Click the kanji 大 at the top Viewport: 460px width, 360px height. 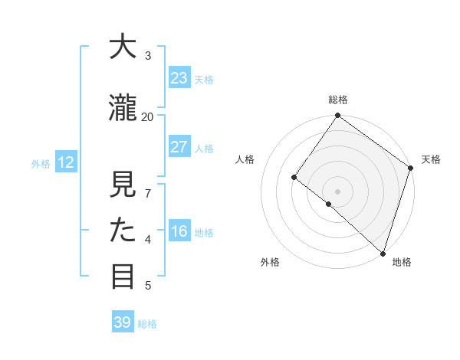(x=123, y=47)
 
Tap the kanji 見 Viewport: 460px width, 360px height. (x=123, y=185)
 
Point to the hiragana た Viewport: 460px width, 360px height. (x=123, y=230)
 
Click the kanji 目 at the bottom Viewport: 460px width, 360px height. (x=123, y=276)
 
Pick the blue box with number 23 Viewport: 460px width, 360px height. (x=179, y=78)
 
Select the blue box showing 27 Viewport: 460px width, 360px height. (x=179, y=147)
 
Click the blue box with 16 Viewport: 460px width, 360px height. (x=179, y=232)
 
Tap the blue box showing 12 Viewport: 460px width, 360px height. (x=65, y=162)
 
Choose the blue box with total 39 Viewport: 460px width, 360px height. (x=123, y=322)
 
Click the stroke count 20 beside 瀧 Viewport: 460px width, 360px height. (x=148, y=116)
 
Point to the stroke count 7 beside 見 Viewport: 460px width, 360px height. (x=148, y=193)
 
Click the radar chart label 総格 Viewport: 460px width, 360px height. (x=338, y=100)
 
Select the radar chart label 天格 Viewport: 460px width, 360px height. (x=431, y=159)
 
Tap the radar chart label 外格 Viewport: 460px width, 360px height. (x=270, y=262)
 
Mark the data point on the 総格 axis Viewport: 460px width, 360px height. (x=337, y=116)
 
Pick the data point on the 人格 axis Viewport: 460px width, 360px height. (x=294, y=178)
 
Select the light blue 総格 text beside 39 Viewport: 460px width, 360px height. (x=147, y=324)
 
